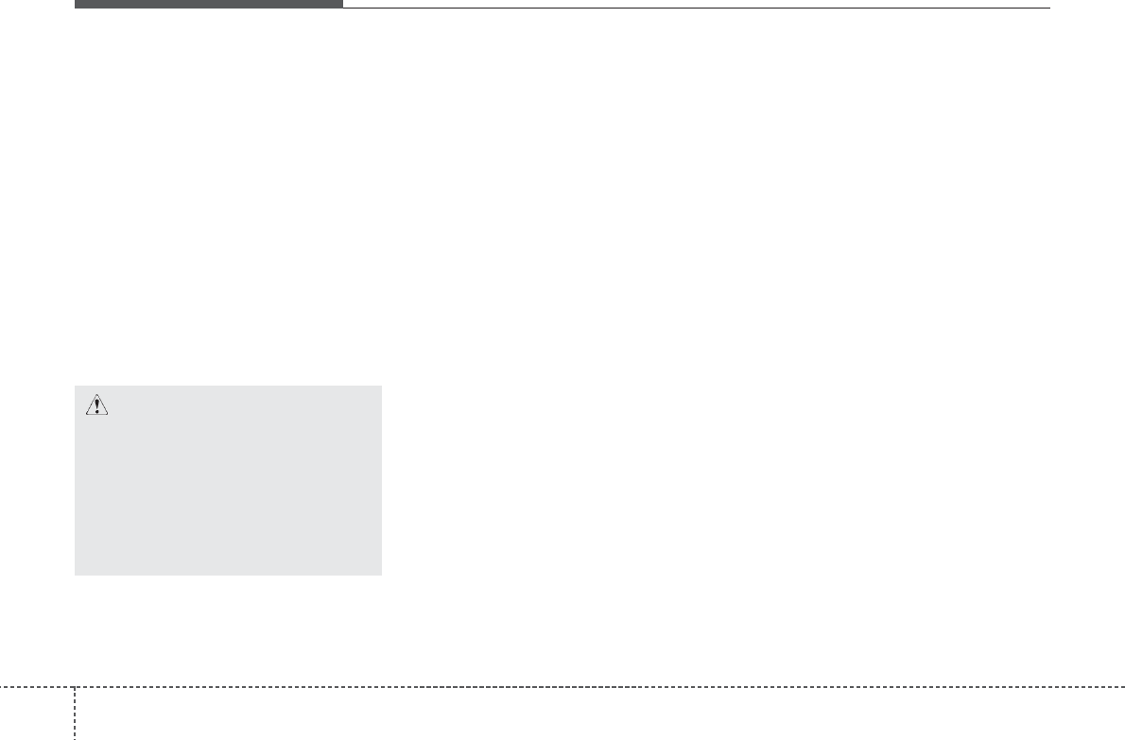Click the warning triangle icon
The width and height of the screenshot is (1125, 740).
click(x=97, y=405)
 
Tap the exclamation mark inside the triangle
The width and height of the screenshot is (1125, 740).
click(x=97, y=406)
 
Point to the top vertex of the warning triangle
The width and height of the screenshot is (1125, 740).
click(x=97, y=395)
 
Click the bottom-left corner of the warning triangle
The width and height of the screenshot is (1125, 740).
click(x=86, y=415)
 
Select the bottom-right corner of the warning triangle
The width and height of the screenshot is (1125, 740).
click(x=109, y=415)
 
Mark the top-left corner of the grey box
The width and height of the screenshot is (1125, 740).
click(x=75, y=386)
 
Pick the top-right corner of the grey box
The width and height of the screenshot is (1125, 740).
click(x=381, y=386)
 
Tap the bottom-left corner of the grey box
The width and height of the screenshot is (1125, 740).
click(x=75, y=575)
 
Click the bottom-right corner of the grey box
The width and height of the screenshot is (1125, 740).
click(x=381, y=575)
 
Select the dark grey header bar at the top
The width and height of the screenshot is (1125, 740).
click(x=208, y=4)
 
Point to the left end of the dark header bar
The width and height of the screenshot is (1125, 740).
click(x=76, y=4)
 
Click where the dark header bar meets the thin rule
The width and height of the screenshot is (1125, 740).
click(x=342, y=8)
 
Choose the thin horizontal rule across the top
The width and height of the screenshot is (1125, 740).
click(x=696, y=9)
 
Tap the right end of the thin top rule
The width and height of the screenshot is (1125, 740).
click(x=1049, y=9)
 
